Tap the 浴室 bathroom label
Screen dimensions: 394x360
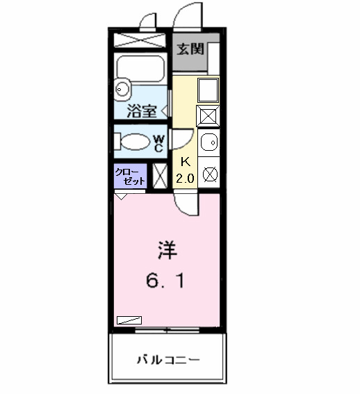point(142,110)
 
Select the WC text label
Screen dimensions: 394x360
point(158,143)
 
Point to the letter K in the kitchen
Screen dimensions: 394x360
point(185,162)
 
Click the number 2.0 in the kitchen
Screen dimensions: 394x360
point(185,178)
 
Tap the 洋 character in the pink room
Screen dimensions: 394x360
point(165,248)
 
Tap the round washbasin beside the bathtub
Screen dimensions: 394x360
point(122,88)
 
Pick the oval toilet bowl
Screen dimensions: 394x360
point(136,142)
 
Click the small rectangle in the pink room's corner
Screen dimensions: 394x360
point(129,320)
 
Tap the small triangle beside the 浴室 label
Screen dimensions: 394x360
point(163,110)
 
